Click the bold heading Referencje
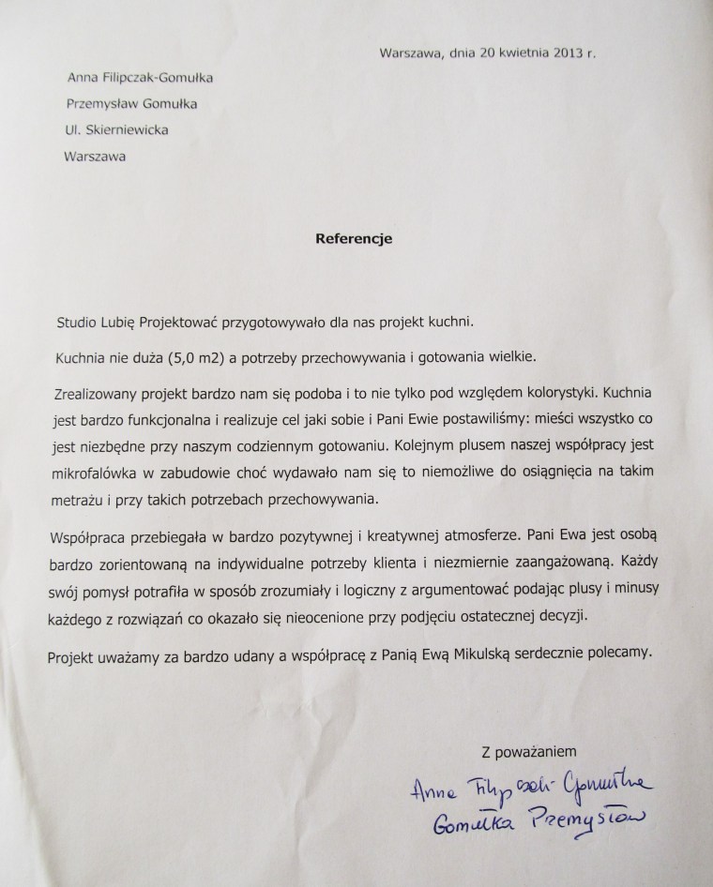353,238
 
